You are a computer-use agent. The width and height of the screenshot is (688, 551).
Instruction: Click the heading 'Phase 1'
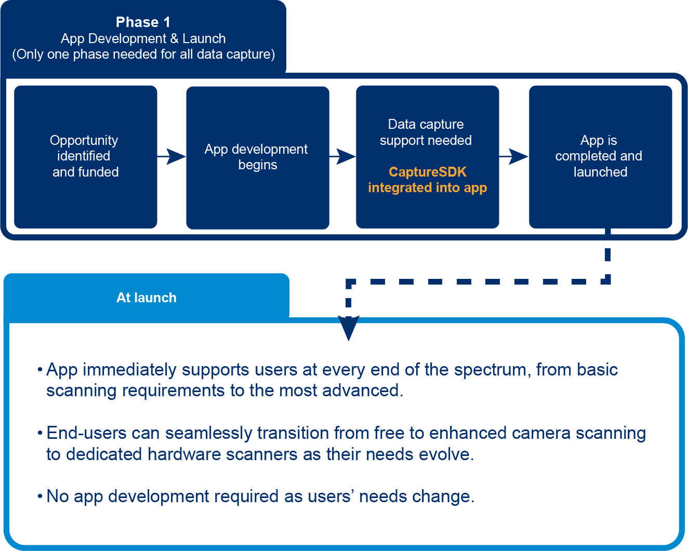pos(143,22)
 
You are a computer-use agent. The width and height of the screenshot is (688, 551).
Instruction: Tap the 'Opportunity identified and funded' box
pos(85,156)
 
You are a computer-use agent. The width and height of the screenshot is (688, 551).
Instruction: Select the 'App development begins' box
pos(257,156)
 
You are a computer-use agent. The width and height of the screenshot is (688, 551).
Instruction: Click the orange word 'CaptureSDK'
pos(427,172)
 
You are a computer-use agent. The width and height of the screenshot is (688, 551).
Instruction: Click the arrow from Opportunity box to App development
pos(172,156)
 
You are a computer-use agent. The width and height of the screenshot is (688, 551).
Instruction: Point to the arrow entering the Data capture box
pos(343,156)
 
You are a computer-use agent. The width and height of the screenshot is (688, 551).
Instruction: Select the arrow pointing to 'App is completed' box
pos(514,156)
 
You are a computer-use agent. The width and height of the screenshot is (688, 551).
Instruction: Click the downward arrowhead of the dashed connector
pos(349,329)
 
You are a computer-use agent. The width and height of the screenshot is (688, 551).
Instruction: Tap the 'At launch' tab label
pos(147,298)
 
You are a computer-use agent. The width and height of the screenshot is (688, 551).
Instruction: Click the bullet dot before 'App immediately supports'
pos(39,370)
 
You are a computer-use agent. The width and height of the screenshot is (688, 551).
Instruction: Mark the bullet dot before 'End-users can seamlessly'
pos(39,433)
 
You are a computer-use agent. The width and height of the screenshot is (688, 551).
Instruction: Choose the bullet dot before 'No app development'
pos(39,496)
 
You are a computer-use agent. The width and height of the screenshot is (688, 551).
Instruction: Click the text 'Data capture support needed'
pos(426,132)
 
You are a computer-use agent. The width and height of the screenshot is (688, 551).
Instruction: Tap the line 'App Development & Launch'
pos(143,38)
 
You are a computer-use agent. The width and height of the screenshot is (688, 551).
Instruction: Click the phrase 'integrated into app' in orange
pos(427,188)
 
